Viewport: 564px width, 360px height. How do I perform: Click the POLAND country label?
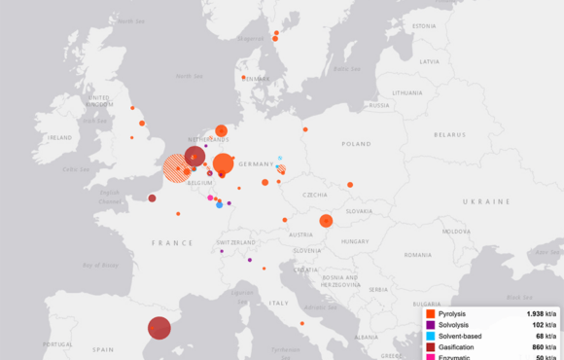(x=356, y=143)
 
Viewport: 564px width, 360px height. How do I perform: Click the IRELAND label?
(x=58, y=138)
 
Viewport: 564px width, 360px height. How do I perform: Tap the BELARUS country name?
(x=449, y=134)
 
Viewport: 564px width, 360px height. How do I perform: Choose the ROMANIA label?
(x=417, y=255)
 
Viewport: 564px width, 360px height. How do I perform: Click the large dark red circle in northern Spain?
(x=159, y=329)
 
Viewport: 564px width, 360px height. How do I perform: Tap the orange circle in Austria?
(x=326, y=221)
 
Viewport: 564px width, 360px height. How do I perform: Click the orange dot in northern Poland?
(x=304, y=129)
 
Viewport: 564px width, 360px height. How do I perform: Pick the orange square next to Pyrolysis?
(x=430, y=313)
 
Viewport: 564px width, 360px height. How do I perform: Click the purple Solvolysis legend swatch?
(x=430, y=325)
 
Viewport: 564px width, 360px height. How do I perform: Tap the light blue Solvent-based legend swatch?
(x=430, y=337)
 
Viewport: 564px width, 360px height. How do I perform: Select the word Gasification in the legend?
(x=456, y=347)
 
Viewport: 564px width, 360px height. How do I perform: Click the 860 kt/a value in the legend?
(x=541, y=347)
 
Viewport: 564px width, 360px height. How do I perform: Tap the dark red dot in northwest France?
(x=152, y=198)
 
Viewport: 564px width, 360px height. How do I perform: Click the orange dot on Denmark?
(x=243, y=77)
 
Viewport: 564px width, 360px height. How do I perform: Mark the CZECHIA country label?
(x=315, y=195)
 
